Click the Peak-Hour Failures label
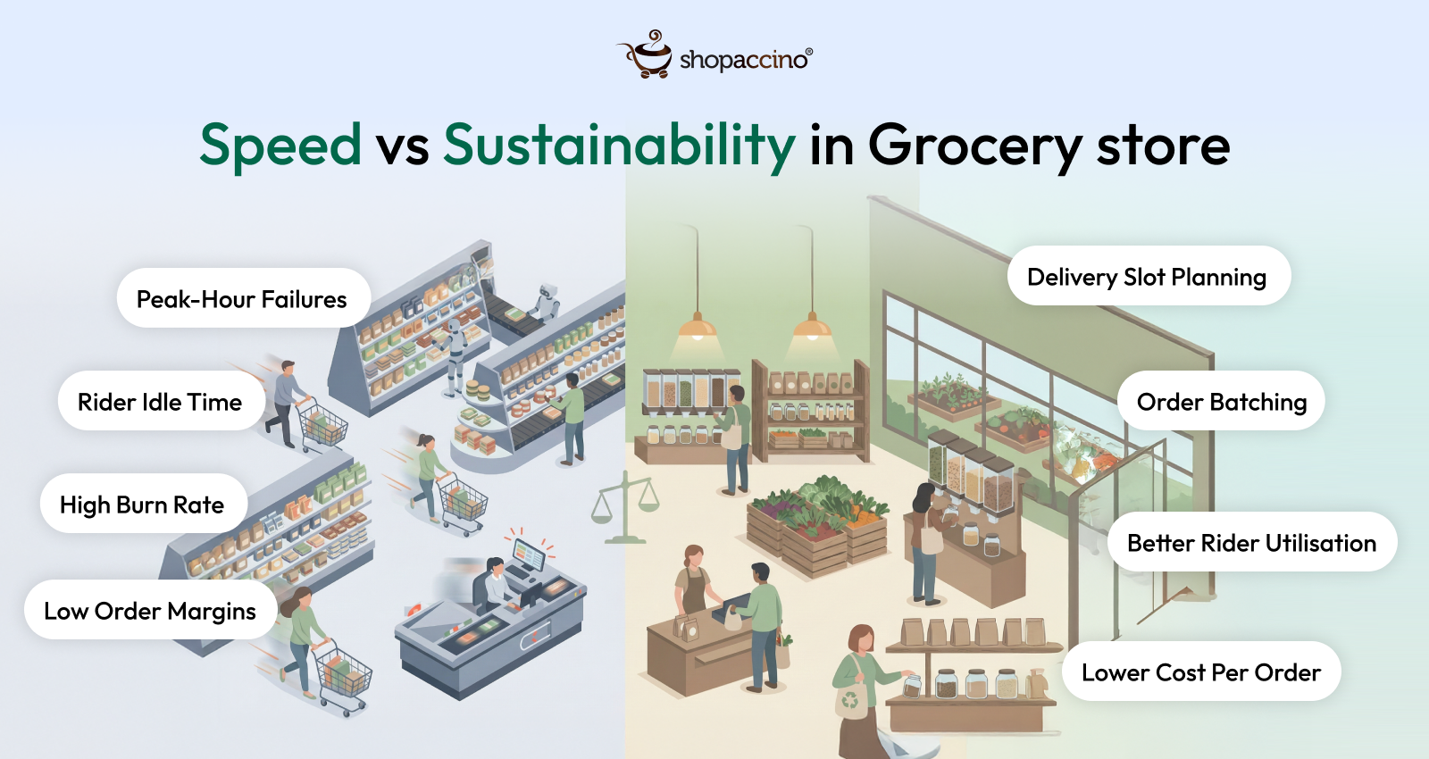(242, 299)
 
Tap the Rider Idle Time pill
(160, 402)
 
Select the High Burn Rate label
(142, 505)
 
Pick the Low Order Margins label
(150, 612)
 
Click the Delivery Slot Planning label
(1147, 277)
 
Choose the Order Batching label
(1221, 402)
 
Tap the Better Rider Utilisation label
(1251, 543)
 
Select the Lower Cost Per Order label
(1200, 672)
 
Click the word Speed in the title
(280, 146)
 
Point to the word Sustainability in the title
(619, 146)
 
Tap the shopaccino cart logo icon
(648, 55)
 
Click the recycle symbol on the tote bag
(850, 701)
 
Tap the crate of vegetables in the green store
(817, 527)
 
